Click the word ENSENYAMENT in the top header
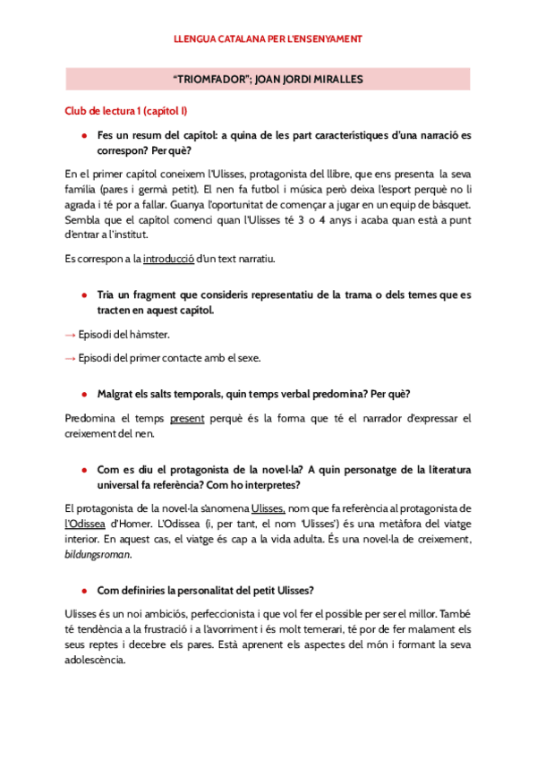(x=328, y=39)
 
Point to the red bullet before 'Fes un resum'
(x=83, y=134)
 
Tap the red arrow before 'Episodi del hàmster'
(x=71, y=335)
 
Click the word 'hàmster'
(x=151, y=335)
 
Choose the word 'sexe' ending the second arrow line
(x=274, y=358)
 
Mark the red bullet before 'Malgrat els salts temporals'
(x=83, y=394)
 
